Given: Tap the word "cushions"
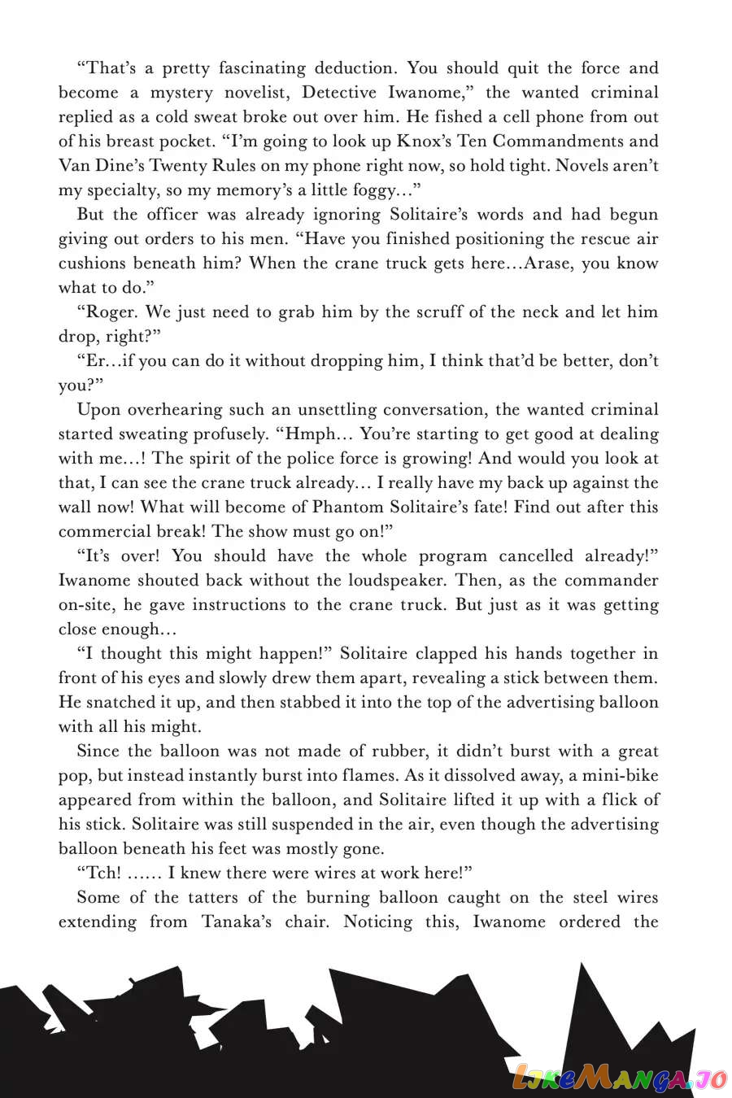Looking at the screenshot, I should [92, 264].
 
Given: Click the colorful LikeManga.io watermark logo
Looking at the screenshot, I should [618, 1077].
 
